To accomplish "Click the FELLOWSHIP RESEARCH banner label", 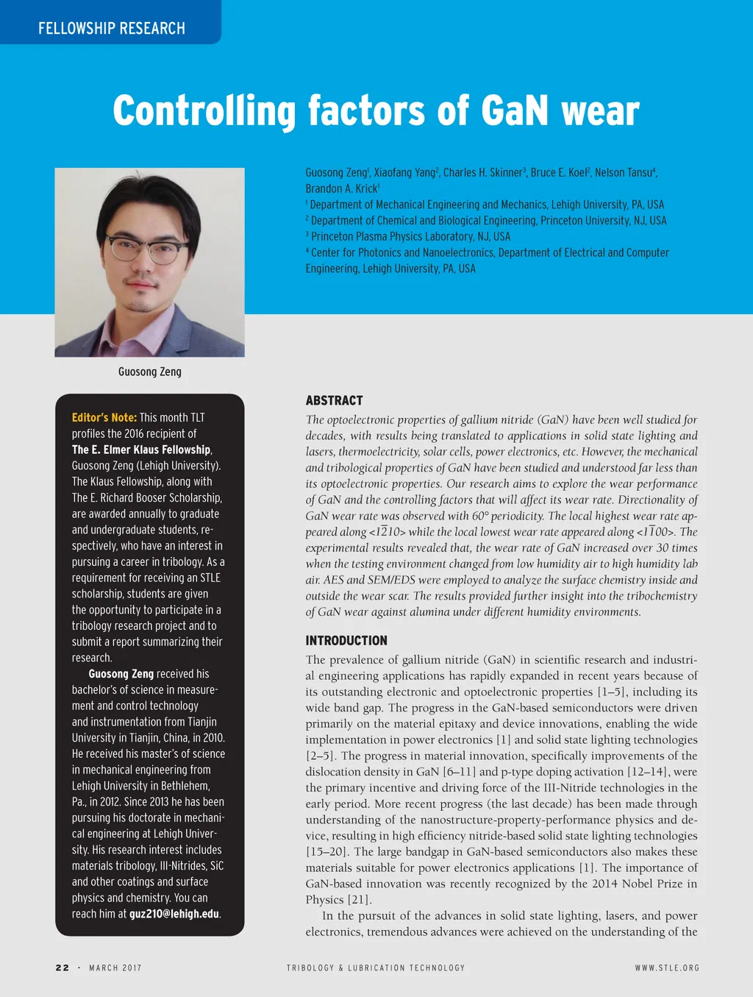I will point(112,29).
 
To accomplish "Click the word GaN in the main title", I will point(515,111).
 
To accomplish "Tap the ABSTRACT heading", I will point(334,400).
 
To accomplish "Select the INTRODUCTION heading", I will point(346,640).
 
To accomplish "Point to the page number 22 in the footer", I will point(63,968).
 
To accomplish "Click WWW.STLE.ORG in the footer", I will point(667,968).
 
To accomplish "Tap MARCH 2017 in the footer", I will point(115,968).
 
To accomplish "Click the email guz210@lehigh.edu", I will point(174,914).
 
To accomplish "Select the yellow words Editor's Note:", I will point(104,417).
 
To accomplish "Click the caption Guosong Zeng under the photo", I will point(150,372).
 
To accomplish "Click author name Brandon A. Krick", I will point(341,188).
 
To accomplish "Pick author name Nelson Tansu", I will point(624,172).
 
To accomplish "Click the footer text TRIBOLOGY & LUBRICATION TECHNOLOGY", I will point(376,968).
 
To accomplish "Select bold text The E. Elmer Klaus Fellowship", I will point(141,450).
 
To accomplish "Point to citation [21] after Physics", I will point(359,900).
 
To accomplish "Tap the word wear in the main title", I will point(600,111).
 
